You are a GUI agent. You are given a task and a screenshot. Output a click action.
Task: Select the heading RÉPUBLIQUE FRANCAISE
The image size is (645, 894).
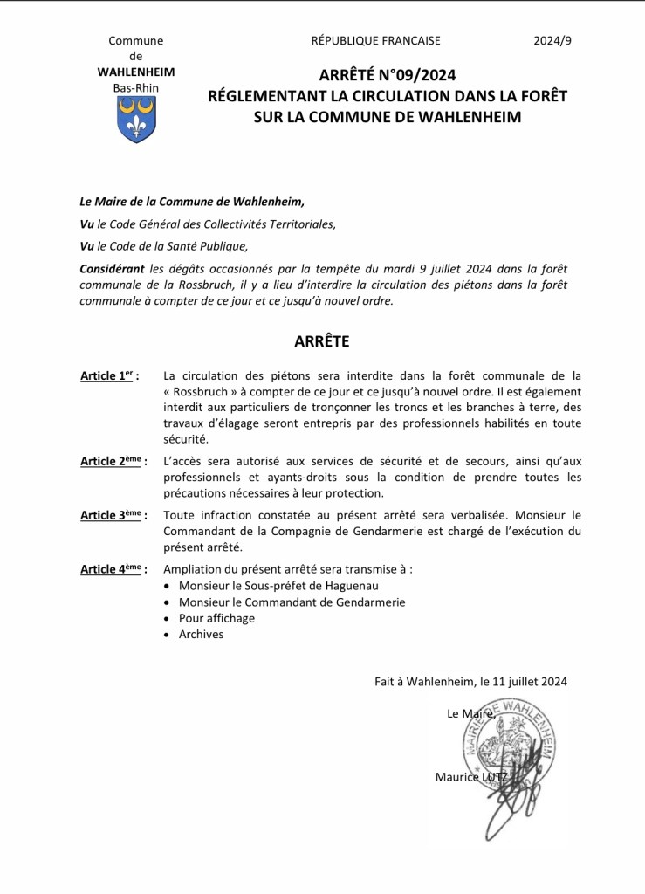coord(375,40)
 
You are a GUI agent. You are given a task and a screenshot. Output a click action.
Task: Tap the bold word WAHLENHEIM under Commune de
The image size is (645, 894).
coord(135,72)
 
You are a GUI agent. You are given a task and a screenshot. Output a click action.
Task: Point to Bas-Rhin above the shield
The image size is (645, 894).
coord(135,87)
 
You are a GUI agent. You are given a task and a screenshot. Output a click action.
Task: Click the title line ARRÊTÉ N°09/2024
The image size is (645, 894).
coord(387,76)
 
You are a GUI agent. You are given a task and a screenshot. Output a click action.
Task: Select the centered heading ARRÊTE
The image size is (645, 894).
coord(321,341)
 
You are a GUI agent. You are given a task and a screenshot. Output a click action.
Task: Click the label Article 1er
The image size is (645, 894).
coord(109,376)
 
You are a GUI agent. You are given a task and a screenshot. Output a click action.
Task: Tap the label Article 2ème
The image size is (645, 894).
coord(113,461)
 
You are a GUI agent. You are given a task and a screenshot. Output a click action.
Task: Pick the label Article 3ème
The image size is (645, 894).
coord(113,515)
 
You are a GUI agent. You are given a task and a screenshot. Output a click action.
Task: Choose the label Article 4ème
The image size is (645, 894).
coord(113,569)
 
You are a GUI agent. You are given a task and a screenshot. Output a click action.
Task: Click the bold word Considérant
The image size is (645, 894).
coord(112,270)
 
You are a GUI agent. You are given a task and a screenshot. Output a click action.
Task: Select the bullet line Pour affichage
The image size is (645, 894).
coord(216,618)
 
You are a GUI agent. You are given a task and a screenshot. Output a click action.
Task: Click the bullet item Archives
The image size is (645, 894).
coord(201,635)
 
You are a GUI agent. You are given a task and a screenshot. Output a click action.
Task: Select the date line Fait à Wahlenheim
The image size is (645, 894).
coord(470,681)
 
